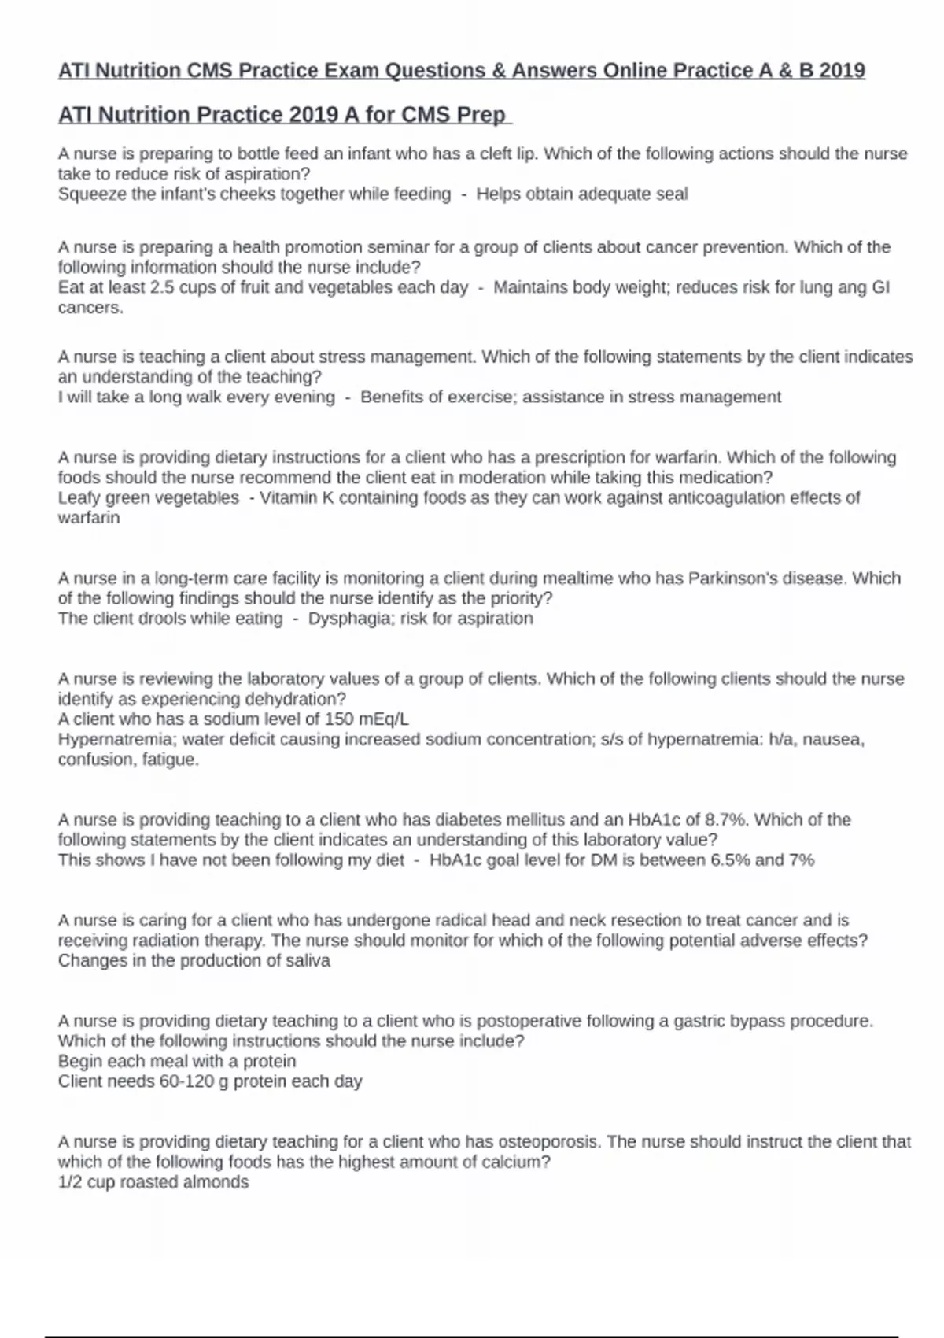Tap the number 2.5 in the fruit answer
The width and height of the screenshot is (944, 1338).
162,287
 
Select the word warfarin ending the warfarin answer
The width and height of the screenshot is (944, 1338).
89,518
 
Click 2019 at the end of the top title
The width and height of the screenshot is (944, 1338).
842,71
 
